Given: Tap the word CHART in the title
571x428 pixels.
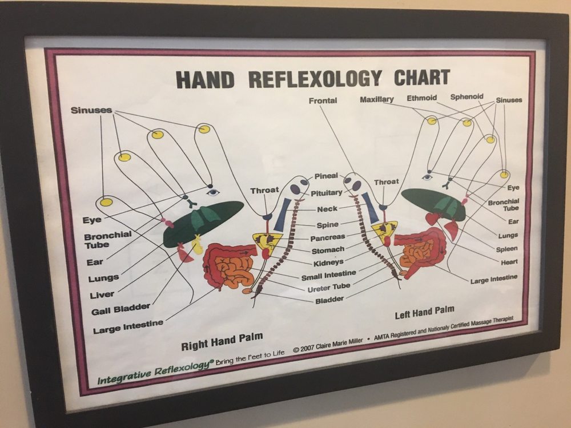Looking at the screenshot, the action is [422, 76].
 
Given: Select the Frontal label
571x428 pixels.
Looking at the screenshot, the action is [323, 100].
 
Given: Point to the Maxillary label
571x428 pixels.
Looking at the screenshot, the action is [376, 99].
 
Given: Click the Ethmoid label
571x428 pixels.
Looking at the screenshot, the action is [422, 98].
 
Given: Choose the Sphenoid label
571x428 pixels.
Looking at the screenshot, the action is [467, 97].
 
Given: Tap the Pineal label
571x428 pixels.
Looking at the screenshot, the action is [326, 176].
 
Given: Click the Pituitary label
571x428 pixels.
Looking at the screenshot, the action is [326, 193].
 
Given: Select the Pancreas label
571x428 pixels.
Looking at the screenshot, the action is [327, 237].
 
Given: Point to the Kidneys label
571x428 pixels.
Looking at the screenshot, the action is [328, 263].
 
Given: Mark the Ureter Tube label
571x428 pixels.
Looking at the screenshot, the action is [329, 288].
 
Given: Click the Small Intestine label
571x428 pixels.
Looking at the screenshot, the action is [328, 275].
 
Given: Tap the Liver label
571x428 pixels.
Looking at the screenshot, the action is [102, 294].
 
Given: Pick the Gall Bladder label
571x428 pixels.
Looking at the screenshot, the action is [120, 309].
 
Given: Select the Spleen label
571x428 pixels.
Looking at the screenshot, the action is [506, 249].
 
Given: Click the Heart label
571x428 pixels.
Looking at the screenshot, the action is [509, 262].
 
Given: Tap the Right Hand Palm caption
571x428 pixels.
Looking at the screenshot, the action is [222, 341].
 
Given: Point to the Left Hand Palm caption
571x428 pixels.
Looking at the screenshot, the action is [425, 312].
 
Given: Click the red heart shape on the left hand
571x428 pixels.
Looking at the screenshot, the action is [433, 219].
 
